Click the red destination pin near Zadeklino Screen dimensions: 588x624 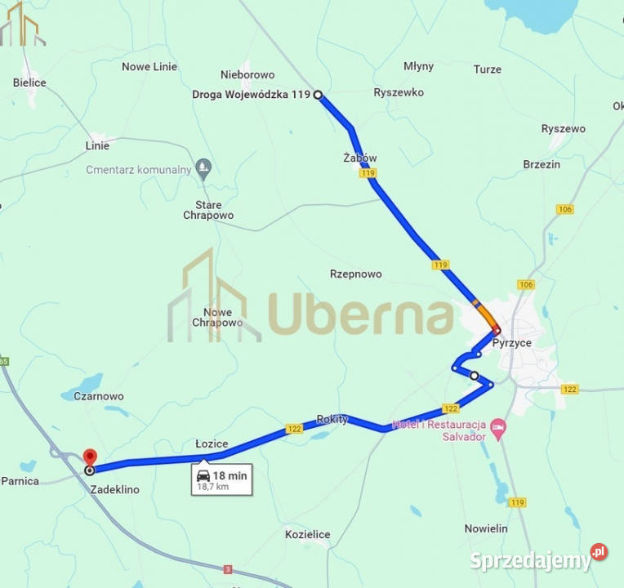point(90,457)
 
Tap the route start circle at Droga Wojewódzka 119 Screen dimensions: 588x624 point(318,96)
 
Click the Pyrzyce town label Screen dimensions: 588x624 point(511,343)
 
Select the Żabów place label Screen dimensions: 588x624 point(360,158)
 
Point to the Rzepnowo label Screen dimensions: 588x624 point(355,274)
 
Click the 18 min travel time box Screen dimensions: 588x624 point(222,479)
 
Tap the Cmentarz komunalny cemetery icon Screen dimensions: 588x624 point(204,170)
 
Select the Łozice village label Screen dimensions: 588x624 point(212,443)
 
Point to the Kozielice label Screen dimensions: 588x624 point(307,534)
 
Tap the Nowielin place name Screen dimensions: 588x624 point(486,528)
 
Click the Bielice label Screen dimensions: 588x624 point(29,82)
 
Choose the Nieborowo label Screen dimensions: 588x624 point(247,74)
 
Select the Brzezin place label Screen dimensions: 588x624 point(542,164)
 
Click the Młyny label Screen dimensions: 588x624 point(419,66)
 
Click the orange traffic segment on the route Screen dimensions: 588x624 point(485,314)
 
